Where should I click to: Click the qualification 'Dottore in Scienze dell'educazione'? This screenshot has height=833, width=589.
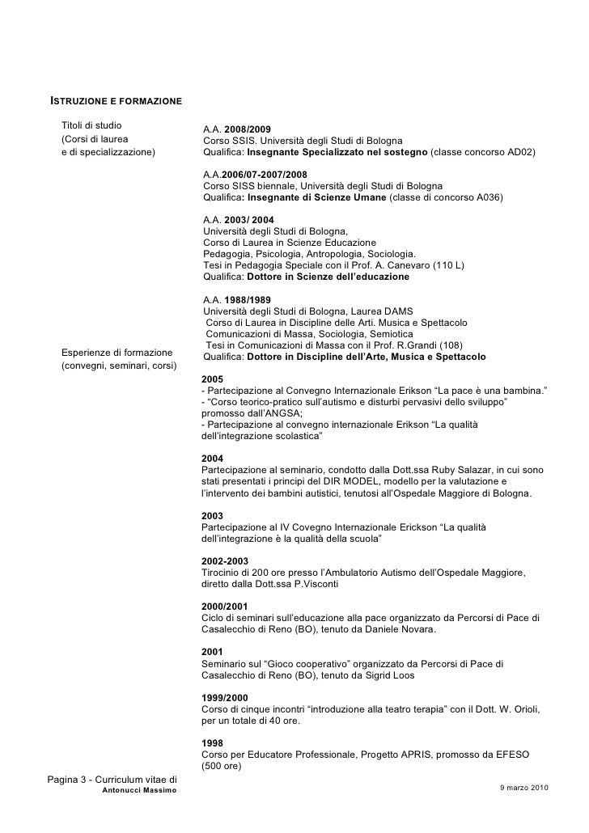click(328, 277)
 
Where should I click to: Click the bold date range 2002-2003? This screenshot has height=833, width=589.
click(224, 560)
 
